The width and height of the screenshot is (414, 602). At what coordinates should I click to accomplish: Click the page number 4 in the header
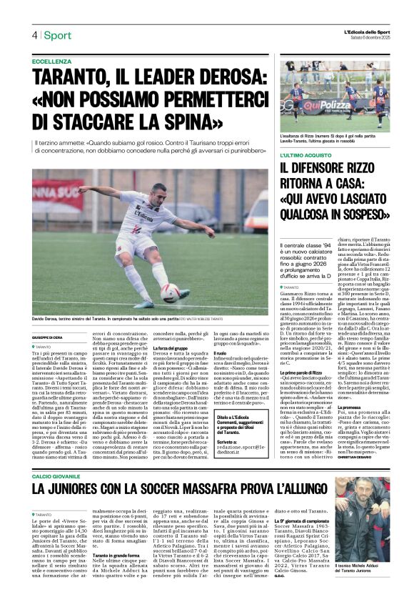click(34, 35)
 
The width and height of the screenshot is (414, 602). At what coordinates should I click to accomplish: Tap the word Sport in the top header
click(58, 35)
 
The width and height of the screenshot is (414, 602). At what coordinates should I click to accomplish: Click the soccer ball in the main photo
click(171, 292)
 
